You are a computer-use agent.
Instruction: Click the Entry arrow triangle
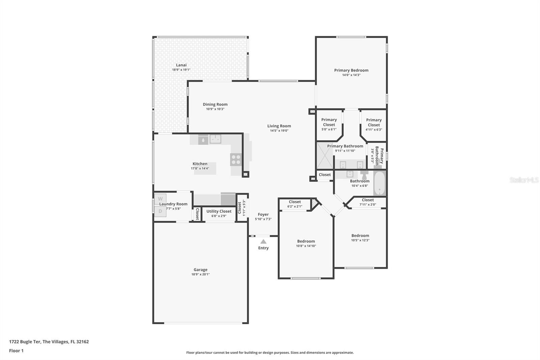coord(263,241)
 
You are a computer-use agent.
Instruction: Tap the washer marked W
coord(160,199)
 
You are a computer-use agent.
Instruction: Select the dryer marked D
coord(160,211)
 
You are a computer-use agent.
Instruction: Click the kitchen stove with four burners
coord(236,159)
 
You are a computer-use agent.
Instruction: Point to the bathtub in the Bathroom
coord(380,183)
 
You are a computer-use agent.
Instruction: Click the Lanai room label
coord(181,65)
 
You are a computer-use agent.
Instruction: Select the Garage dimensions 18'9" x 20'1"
coord(200,274)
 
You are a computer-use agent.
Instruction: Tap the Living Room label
coord(279,126)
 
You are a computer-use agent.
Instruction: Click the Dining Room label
coord(215,104)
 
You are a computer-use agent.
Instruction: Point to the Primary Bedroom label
coord(351,70)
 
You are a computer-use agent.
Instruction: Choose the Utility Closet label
coord(219,211)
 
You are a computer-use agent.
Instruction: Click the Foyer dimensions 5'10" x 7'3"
coord(263,219)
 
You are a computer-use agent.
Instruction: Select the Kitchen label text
coord(200,163)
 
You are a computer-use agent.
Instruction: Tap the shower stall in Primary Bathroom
coord(325,156)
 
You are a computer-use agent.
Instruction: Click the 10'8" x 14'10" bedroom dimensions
coord(306,246)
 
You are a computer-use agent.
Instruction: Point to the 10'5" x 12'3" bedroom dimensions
coord(360,240)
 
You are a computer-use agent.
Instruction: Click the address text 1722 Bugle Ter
coord(25,342)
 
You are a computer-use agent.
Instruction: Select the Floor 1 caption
coord(16,351)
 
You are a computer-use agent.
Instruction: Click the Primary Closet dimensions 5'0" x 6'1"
coord(329,129)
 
